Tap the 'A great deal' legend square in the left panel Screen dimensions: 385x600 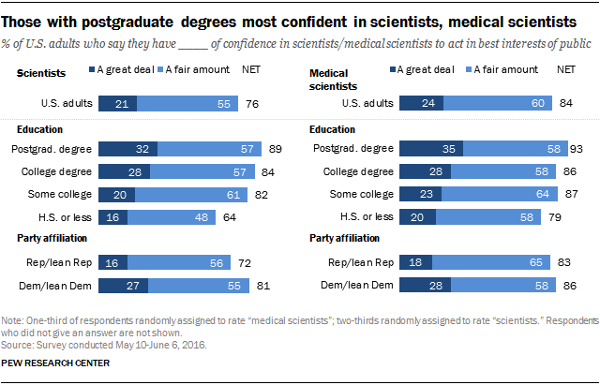tap(93, 68)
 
